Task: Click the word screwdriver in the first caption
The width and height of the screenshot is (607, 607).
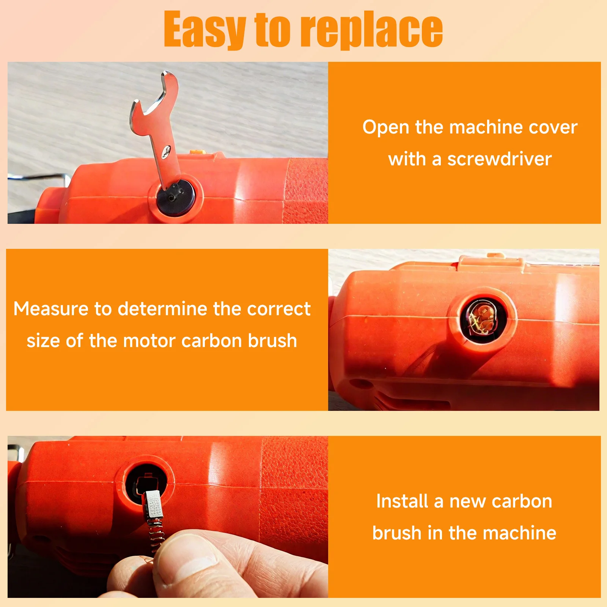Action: click(499, 159)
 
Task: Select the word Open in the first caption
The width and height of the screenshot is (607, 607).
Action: click(385, 127)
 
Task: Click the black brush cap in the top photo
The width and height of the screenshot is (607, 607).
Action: click(176, 197)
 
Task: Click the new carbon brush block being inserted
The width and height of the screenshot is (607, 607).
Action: click(154, 505)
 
